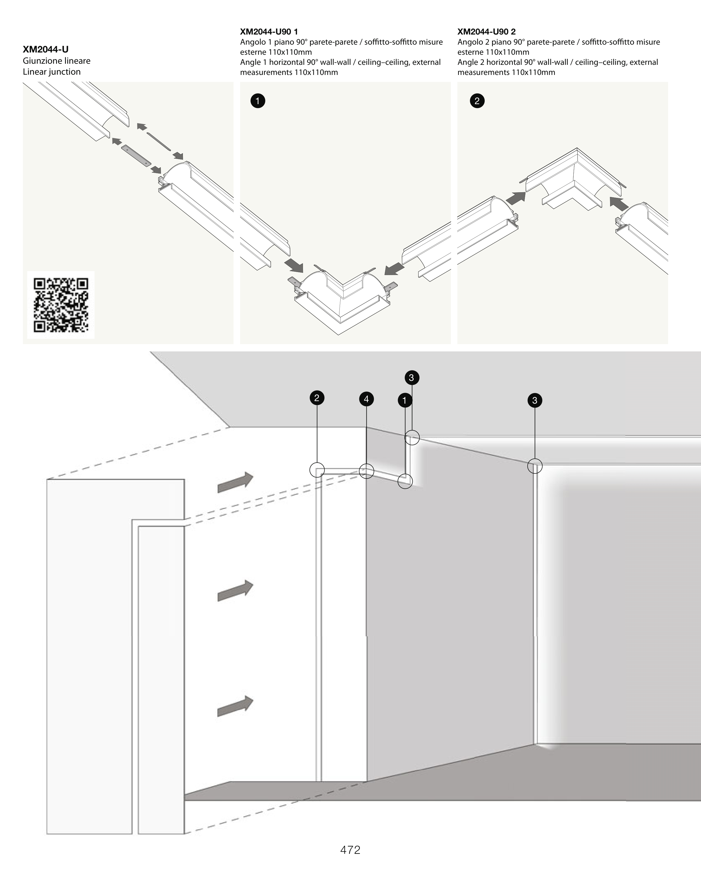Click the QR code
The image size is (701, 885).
61,305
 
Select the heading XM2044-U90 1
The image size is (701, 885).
269,32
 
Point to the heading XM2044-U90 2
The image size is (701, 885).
486,32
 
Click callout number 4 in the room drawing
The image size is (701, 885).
366,399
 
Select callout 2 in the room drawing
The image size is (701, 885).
317,398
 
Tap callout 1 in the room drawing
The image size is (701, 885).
405,400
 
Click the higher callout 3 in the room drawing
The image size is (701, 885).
412,378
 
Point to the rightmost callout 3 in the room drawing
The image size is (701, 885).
534,400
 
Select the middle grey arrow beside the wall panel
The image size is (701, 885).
235,591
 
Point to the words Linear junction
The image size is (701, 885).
52,72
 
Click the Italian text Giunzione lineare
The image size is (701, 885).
57,61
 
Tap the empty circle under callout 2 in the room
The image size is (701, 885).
317,470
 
